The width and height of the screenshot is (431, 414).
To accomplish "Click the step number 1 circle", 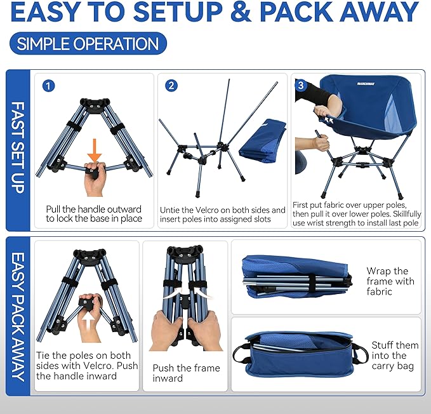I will point(48,86).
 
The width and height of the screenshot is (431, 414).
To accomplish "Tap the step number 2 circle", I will point(171,86).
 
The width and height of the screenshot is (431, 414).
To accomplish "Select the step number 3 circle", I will point(302,86).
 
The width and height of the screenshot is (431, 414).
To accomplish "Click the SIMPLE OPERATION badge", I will point(88,44).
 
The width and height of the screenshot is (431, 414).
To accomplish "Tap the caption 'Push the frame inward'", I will point(186,373).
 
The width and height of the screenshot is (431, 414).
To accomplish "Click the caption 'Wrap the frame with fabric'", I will point(390,281).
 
